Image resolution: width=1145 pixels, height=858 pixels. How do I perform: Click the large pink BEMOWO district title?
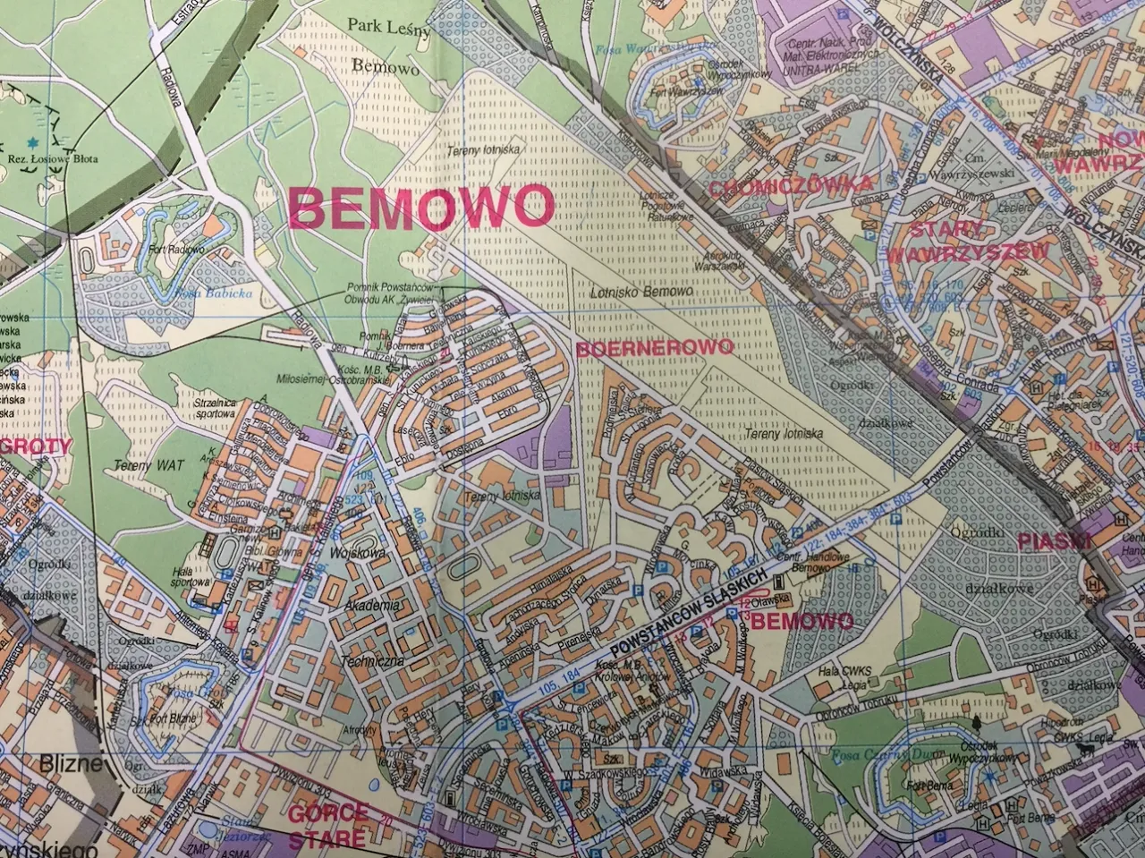pyautogui.click(x=421, y=207)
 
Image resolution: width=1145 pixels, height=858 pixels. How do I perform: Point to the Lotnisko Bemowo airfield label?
pyautogui.click(x=643, y=293)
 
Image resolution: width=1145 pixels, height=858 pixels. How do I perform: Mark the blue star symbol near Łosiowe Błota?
pyautogui.click(x=34, y=142)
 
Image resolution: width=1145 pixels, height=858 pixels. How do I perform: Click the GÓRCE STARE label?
pyautogui.click(x=327, y=824)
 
